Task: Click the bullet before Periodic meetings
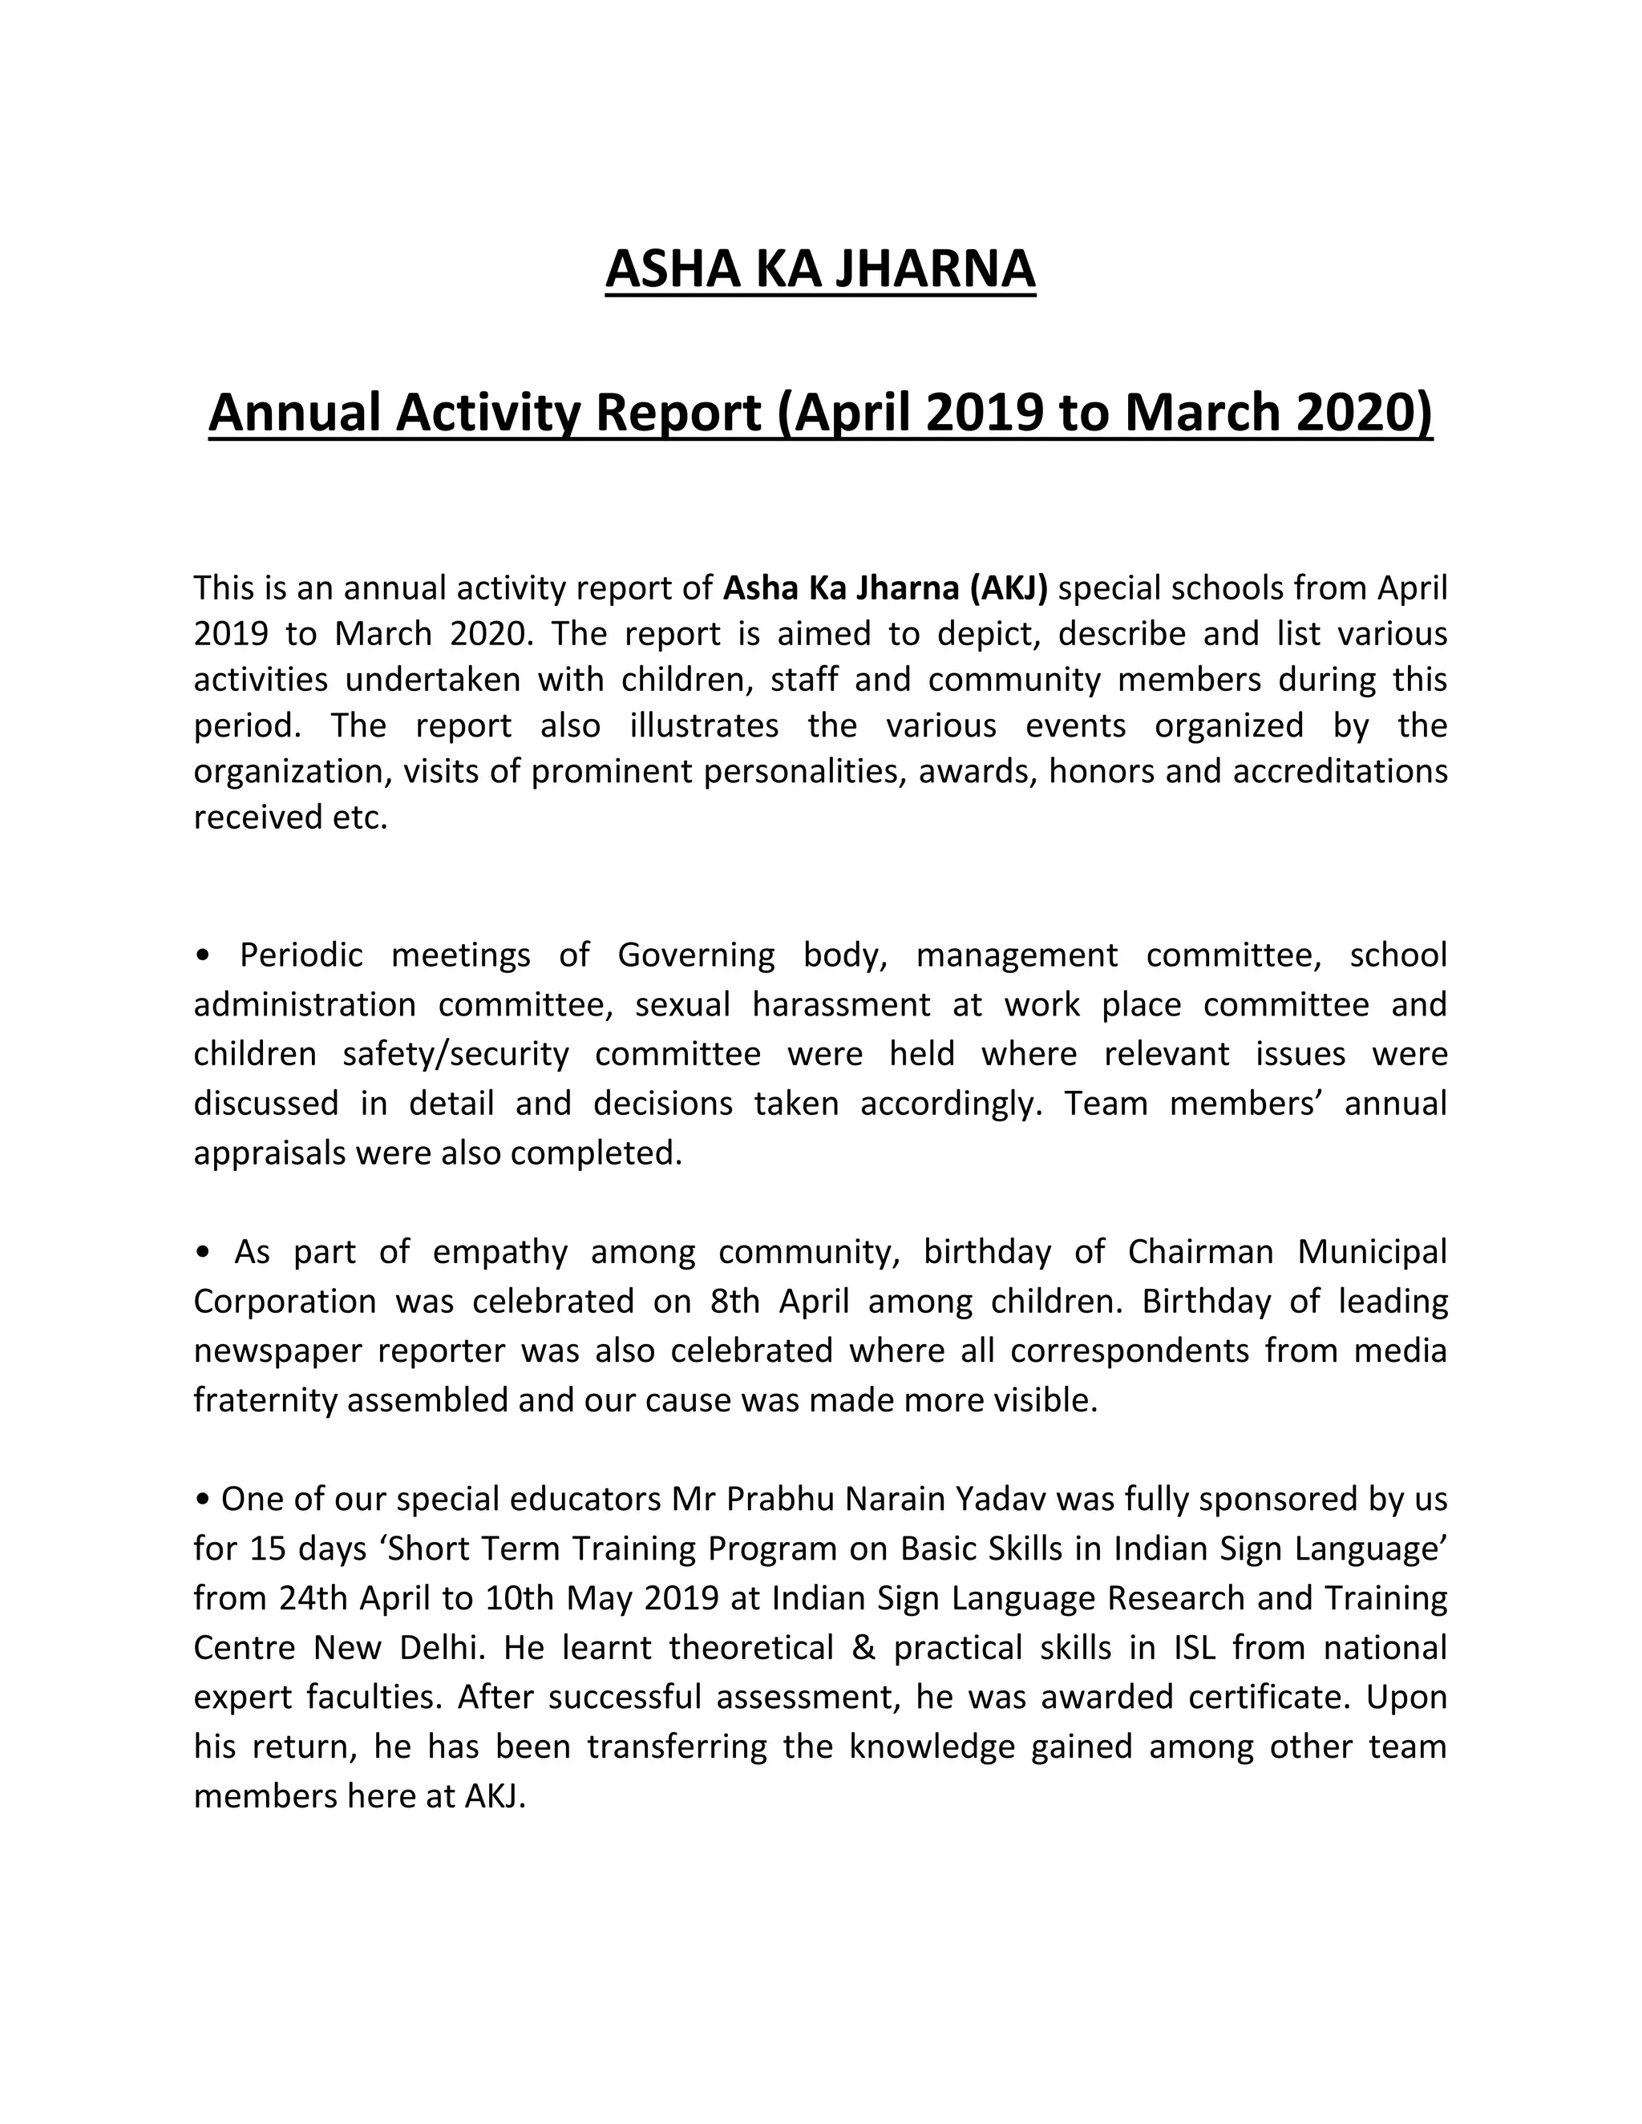click(x=202, y=956)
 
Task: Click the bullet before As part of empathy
click(x=202, y=1253)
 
